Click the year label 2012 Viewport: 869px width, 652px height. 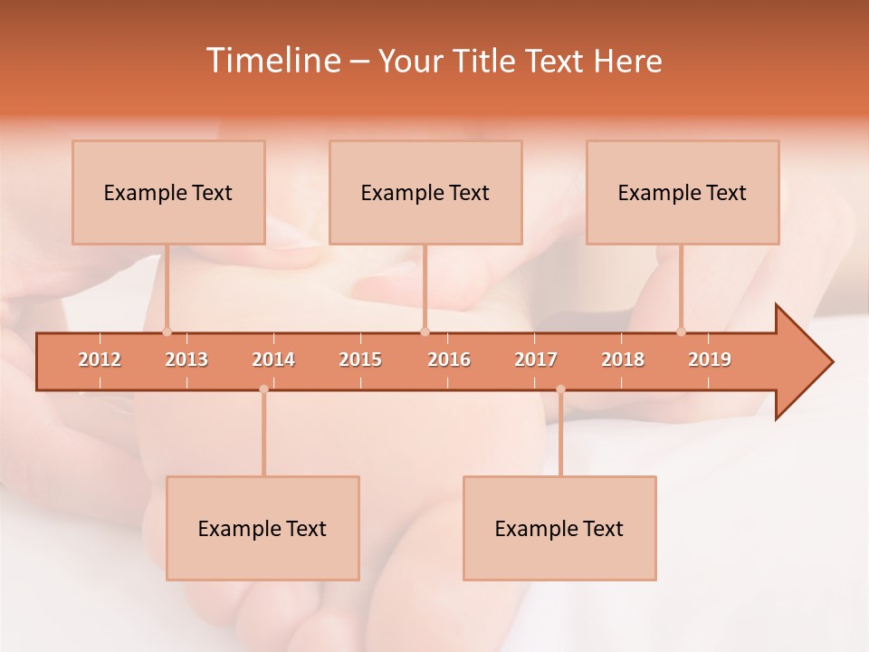coord(100,360)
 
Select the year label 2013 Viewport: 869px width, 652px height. coord(186,360)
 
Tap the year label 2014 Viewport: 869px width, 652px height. coord(273,360)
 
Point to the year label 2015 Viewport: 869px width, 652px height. coord(360,360)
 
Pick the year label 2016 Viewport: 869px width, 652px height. coord(449,360)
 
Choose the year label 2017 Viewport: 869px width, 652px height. coord(536,360)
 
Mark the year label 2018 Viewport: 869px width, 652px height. coord(623,360)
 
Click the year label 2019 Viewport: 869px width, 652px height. coord(710,360)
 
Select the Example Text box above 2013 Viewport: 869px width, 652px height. coord(168,192)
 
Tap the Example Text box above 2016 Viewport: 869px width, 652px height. coord(425,192)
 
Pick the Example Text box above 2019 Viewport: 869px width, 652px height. coord(683,192)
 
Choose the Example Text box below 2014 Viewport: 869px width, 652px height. coord(263,528)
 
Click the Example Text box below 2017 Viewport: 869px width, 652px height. coord(559,528)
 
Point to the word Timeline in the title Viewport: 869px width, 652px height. coord(272,61)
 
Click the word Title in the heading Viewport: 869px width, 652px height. coord(485,61)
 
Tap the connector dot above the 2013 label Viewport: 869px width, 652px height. coord(167,331)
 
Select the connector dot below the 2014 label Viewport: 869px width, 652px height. coord(263,389)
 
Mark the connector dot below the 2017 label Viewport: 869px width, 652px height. coord(560,389)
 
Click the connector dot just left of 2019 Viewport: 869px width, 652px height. coord(682,331)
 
